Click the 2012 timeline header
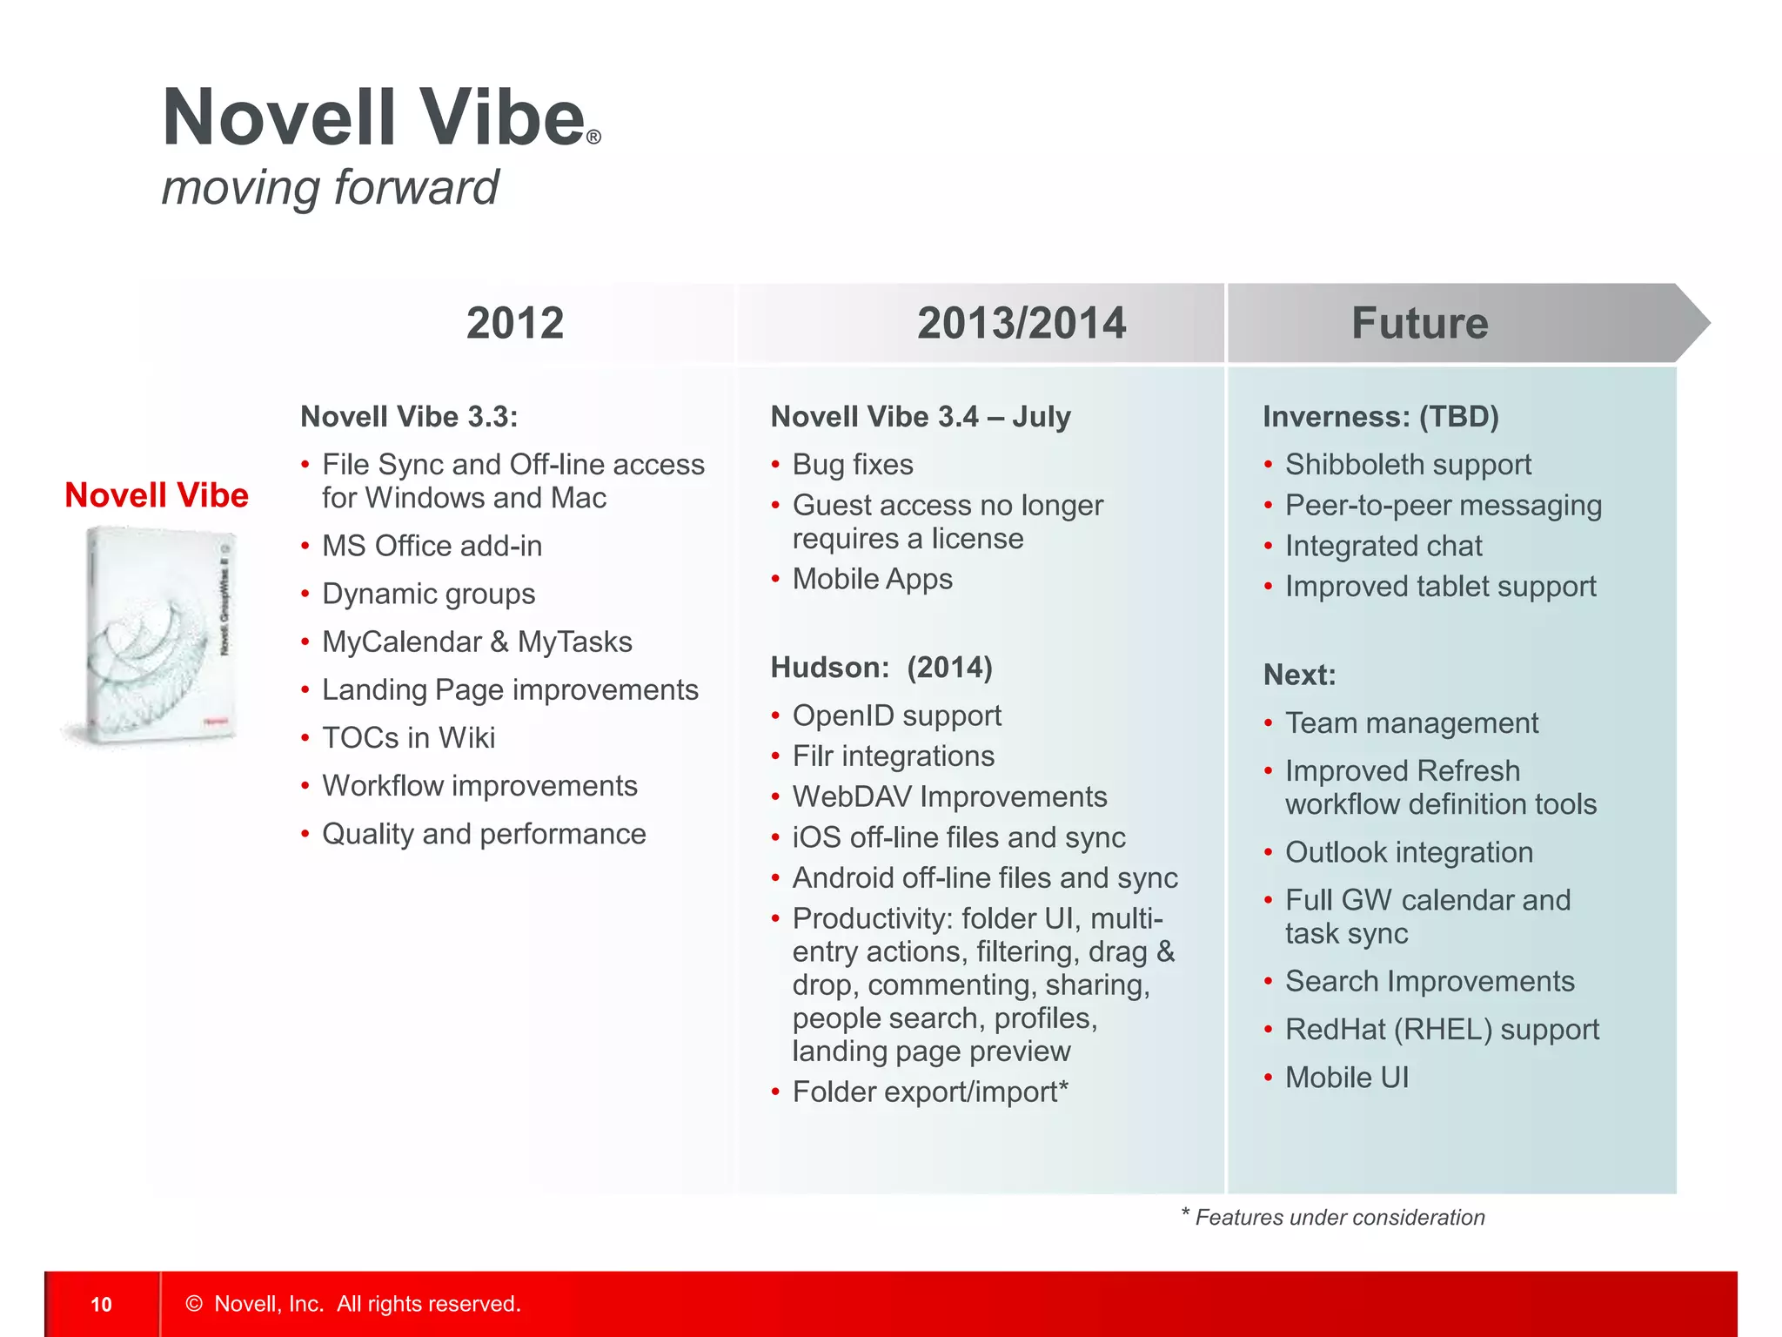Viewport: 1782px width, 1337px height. (x=515, y=323)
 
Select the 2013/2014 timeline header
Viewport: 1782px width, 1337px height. (x=1022, y=323)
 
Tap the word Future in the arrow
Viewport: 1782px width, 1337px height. (x=1419, y=323)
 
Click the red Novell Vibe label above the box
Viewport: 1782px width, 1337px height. (x=157, y=495)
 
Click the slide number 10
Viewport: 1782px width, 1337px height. (x=101, y=1304)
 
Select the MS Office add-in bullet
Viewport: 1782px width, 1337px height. (x=432, y=546)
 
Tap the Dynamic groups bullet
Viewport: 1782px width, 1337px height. (x=428, y=594)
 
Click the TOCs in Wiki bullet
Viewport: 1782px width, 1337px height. (x=408, y=737)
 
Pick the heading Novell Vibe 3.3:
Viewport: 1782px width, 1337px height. (x=409, y=417)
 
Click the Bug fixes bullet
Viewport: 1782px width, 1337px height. (x=853, y=464)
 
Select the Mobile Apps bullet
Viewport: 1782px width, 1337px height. (x=872, y=579)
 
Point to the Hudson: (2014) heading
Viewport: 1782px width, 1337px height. (x=881, y=668)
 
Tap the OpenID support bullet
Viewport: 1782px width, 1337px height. (x=896, y=716)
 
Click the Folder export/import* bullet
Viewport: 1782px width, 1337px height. (x=929, y=1092)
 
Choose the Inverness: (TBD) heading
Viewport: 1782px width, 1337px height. (x=1381, y=417)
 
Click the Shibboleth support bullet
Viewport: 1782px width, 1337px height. (x=1408, y=464)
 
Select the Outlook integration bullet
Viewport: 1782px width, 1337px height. (x=1409, y=852)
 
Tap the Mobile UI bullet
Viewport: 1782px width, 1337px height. (x=1346, y=1078)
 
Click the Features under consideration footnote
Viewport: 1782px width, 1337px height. (x=1338, y=1217)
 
